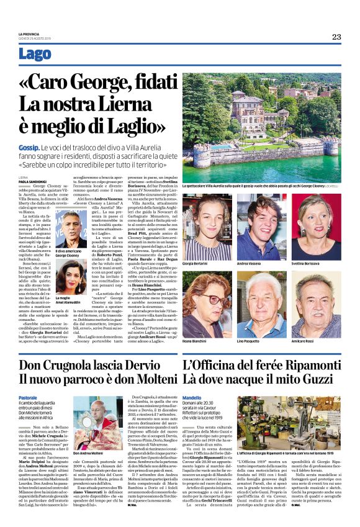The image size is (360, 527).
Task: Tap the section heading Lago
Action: tap(35, 54)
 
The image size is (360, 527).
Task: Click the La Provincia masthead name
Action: tap(29, 34)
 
